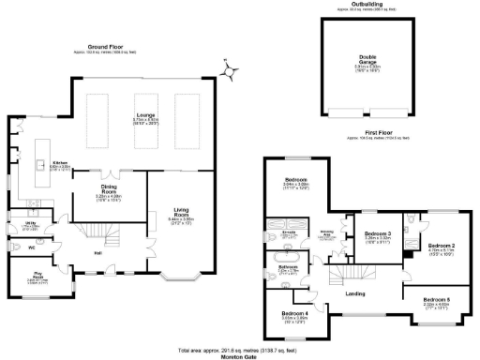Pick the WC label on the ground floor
31,247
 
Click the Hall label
97,253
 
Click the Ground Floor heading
106,45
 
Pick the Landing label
355,293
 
